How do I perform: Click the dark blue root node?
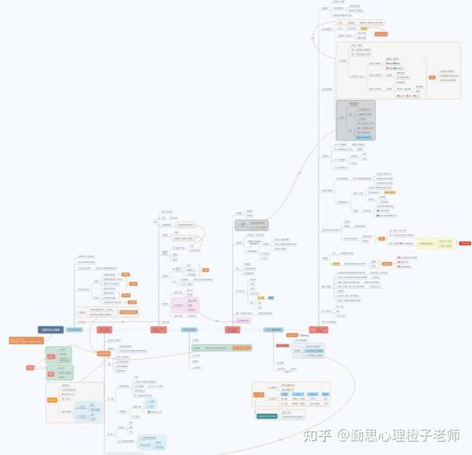[50, 330]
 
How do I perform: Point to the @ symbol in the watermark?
[343, 435]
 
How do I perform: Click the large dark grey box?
[356, 120]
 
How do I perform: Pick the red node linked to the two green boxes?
[30, 368]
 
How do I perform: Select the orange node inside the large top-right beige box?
[431, 77]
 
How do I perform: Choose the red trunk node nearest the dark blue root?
[105, 330]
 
